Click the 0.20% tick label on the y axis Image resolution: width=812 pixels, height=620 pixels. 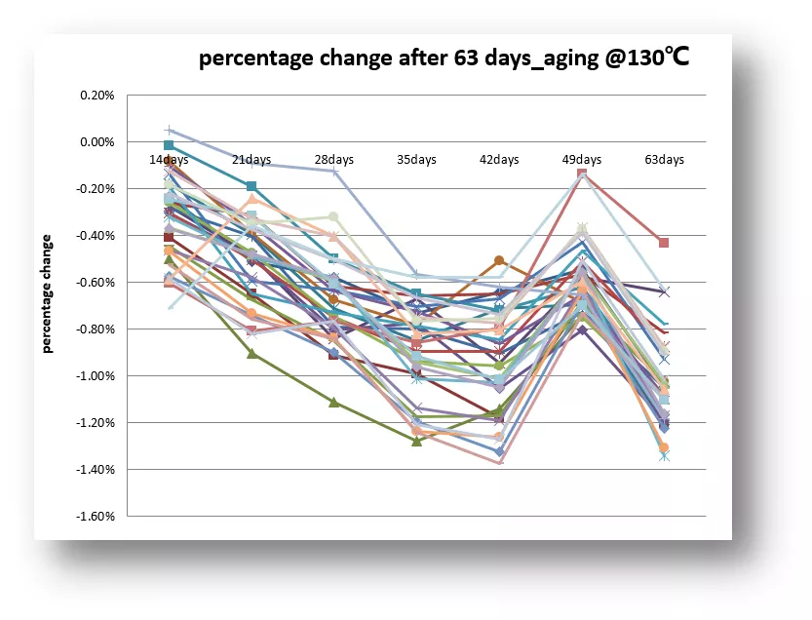pyautogui.click(x=97, y=96)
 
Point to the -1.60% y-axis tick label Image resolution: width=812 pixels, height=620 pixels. pyautogui.click(x=96, y=517)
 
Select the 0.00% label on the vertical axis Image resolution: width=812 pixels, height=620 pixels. pyautogui.click(x=97, y=142)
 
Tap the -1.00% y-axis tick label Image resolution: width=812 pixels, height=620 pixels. pyautogui.click(x=96, y=376)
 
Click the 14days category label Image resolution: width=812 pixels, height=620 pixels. pyautogui.click(x=169, y=159)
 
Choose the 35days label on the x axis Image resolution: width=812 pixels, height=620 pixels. pyautogui.click(x=416, y=159)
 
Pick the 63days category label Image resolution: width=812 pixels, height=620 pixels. pyautogui.click(x=665, y=159)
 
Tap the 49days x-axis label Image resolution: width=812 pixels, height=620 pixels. pyautogui.click(x=582, y=159)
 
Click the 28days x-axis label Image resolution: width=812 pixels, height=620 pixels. pyautogui.click(x=333, y=159)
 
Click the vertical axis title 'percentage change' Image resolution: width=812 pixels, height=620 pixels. pyautogui.click(x=47, y=292)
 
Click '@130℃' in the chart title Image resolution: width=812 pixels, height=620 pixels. pyautogui.click(x=647, y=59)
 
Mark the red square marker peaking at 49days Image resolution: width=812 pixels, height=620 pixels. pyautogui.click(x=582, y=174)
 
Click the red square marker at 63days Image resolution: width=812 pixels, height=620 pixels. pyautogui.click(x=664, y=243)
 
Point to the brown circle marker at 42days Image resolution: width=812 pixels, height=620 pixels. pyautogui.click(x=499, y=260)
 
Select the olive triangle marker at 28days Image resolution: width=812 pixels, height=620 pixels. pyautogui.click(x=333, y=402)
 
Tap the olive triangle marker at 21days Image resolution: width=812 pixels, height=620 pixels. pyautogui.click(x=251, y=353)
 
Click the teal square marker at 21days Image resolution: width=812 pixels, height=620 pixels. pyautogui.click(x=251, y=186)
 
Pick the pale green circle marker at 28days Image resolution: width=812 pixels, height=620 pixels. pyautogui.click(x=333, y=216)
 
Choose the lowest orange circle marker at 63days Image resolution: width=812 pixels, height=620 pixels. pyautogui.click(x=664, y=447)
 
